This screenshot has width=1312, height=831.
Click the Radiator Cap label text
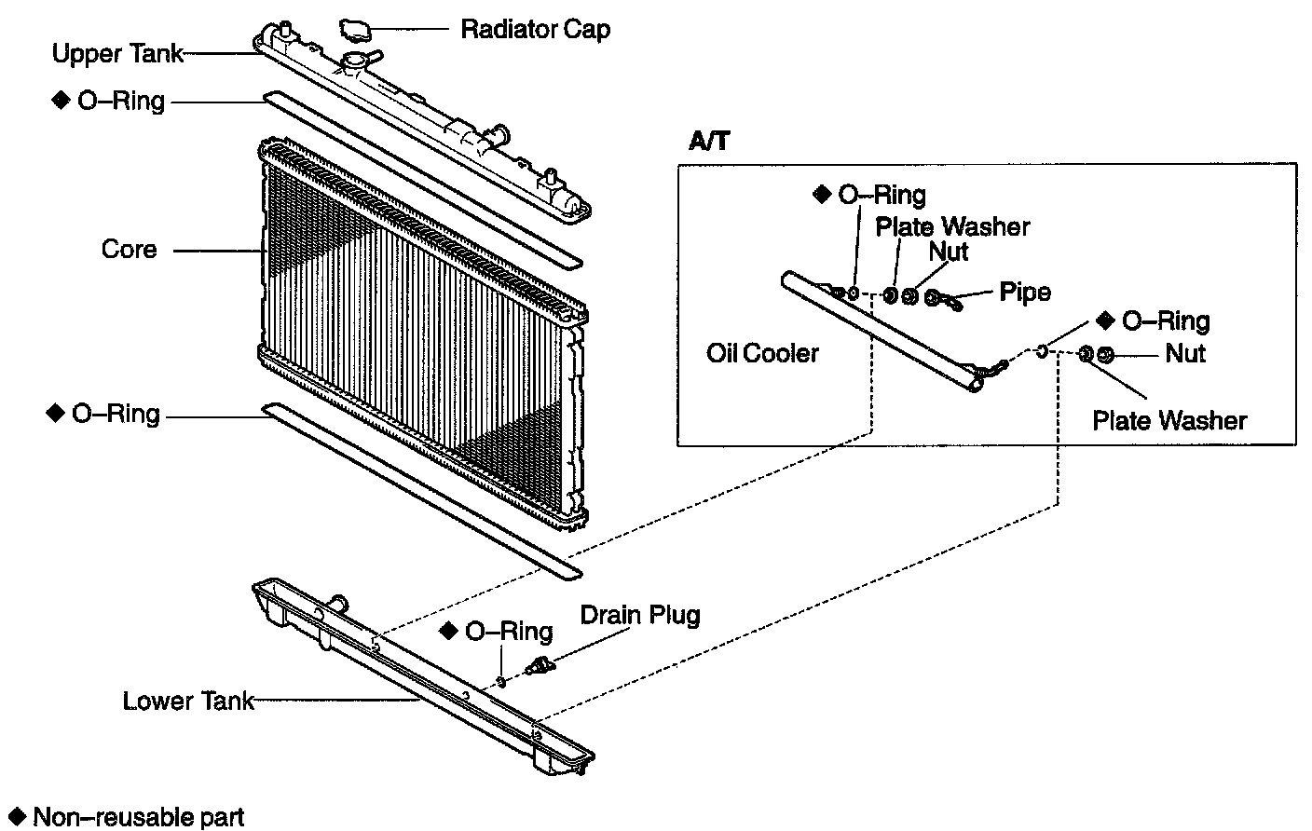[x=535, y=30]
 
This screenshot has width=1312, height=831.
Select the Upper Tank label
[x=117, y=54]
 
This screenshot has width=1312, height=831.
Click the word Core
[x=129, y=250]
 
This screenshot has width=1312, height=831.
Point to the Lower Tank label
[x=187, y=701]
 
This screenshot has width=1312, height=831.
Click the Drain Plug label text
[x=639, y=615]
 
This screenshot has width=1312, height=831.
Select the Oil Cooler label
[x=762, y=353]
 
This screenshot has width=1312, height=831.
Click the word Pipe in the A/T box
[x=1024, y=292]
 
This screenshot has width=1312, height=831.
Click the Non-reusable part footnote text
[x=138, y=818]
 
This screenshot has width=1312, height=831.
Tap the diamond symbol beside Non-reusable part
[x=14, y=817]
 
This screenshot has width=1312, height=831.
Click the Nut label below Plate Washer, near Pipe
[x=949, y=252]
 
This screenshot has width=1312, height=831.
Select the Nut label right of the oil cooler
[x=1184, y=353]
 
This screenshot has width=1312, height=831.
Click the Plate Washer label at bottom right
[x=1168, y=420]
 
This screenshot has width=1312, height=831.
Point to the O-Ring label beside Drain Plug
[x=508, y=632]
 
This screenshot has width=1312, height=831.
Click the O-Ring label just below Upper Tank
[x=120, y=101]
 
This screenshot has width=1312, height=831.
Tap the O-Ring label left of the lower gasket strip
[x=116, y=414]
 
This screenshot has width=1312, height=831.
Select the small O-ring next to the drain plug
[x=502, y=681]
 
